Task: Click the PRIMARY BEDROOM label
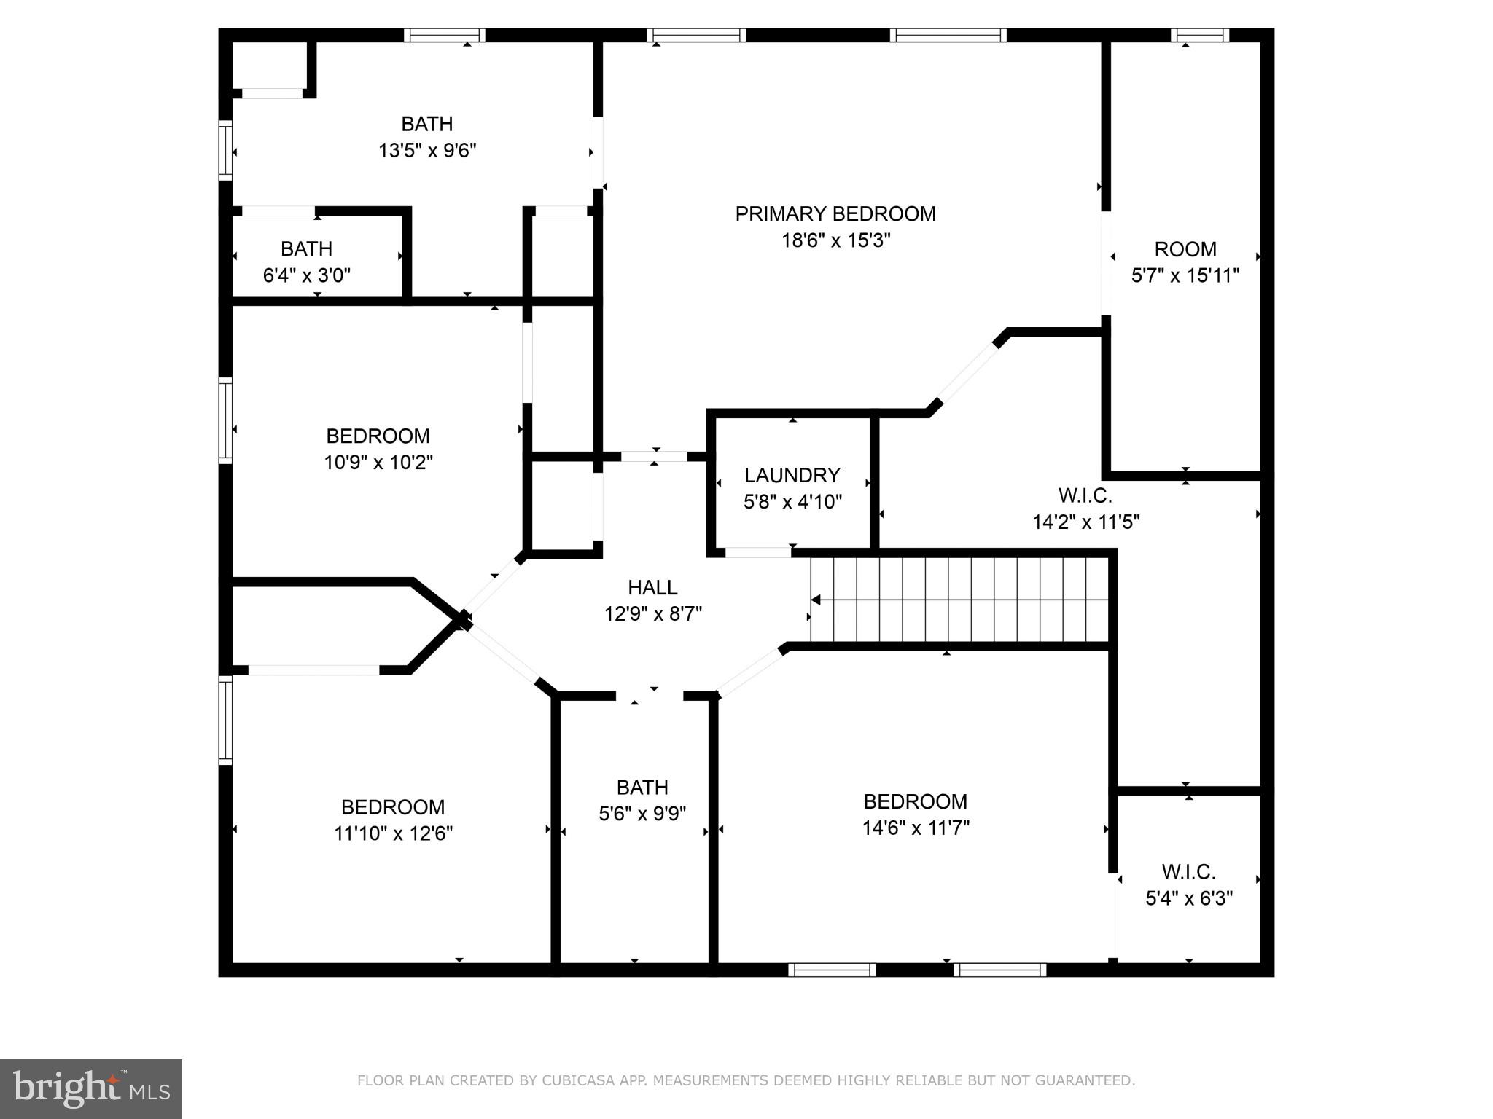835,213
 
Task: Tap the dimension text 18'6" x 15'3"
835,240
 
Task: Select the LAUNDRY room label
792,475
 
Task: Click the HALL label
652,587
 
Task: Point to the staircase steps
962,600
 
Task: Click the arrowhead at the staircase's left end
816,600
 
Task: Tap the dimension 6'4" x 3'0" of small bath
306,275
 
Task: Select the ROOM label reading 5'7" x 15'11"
1185,249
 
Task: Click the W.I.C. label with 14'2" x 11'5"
1085,496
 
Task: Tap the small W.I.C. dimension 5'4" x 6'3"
1188,898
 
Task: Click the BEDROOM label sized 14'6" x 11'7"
915,801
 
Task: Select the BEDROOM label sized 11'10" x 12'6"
392,807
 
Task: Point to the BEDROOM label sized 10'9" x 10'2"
378,436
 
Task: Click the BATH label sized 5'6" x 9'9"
642,788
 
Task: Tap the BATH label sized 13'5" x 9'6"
427,124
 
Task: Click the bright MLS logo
91,1088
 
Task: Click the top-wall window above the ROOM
1199,35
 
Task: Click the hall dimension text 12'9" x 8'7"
652,614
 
